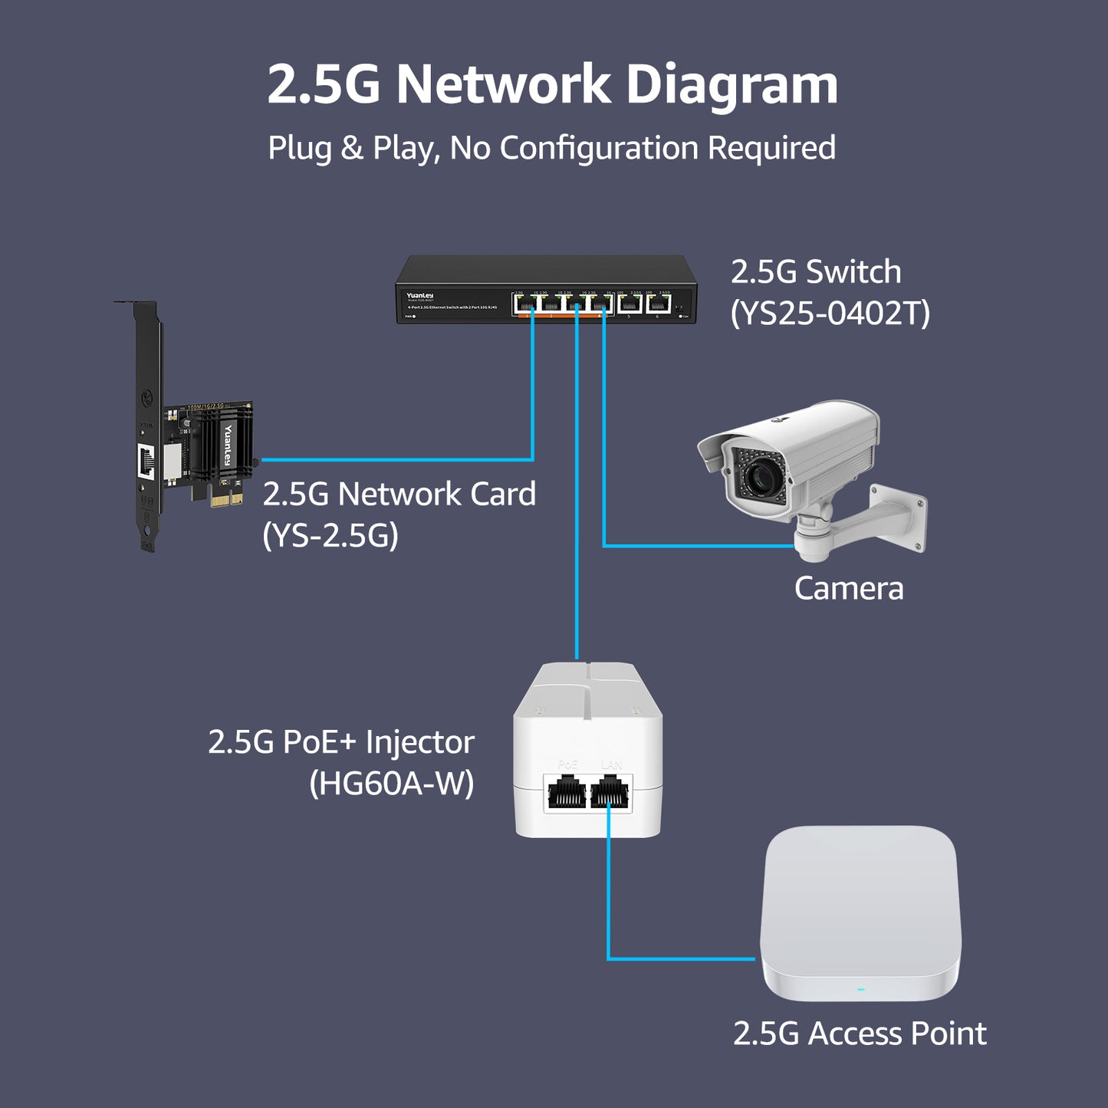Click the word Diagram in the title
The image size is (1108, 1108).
[x=732, y=84]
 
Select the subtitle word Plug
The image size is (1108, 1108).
[x=299, y=148]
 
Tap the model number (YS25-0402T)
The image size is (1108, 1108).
[x=830, y=313]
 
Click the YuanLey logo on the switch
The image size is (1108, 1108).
[x=420, y=295]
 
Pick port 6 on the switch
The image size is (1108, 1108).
[x=658, y=304]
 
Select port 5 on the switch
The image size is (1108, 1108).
[x=630, y=304]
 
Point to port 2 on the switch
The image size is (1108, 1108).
[x=551, y=304]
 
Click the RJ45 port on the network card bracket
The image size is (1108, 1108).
[x=146, y=461]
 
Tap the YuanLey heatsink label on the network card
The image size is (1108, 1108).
[x=228, y=446]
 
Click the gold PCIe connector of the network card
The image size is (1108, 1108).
[x=227, y=499]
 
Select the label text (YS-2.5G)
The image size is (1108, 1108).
[x=330, y=535]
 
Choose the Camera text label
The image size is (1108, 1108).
[x=849, y=589]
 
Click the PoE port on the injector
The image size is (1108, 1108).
[x=567, y=793]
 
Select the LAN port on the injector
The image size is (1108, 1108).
[x=610, y=793]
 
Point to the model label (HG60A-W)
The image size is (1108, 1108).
[x=392, y=783]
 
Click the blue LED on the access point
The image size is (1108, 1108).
[x=860, y=989]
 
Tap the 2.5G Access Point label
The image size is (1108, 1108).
[x=860, y=1034]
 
